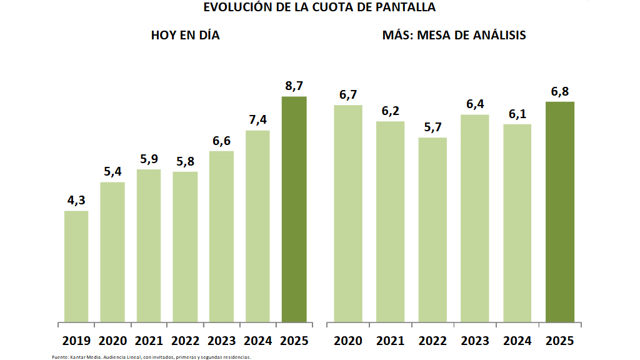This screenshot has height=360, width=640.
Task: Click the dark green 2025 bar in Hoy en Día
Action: coord(294,209)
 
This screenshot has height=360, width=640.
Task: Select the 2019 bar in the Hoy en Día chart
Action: coord(76,266)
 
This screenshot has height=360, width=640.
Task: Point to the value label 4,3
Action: coord(76,201)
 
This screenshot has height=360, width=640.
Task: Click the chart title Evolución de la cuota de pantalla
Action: coord(319,7)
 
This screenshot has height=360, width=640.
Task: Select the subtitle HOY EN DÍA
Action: coord(186,36)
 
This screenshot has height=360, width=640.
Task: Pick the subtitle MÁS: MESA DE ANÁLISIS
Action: coord(454,36)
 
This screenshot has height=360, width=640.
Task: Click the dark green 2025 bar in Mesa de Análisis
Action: coord(559,212)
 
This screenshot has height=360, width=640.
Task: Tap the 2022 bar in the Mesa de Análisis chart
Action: coord(432,229)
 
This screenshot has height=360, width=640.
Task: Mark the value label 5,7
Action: coord(432,127)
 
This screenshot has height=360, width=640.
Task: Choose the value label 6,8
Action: coord(559,92)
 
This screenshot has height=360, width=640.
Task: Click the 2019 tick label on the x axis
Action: coord(76,341)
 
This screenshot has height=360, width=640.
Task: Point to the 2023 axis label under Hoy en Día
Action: coord(221,341)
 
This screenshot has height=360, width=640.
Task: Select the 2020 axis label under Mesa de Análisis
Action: coord(348,341)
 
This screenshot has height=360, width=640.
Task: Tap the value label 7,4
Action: coord(257,120)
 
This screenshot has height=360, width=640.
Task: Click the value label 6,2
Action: coord(390,111)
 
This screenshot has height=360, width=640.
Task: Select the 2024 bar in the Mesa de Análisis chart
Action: coord(517,223)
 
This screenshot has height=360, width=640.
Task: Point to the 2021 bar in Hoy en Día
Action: coord(149,246)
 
